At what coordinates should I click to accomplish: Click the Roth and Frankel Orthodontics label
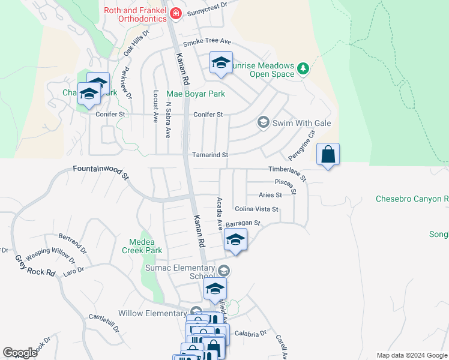click(x=134, y=14)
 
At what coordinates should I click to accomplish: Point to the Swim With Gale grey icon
click(x=263, y=122)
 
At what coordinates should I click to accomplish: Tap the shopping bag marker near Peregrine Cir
click(x=328, y=154)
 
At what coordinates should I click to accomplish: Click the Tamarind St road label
click(x=209, y=155)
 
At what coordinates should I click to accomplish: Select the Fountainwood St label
click(x=101, y=172)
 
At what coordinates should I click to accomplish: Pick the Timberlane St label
click(x=287, y=173)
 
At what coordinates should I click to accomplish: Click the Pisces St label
click(x=286, y=185)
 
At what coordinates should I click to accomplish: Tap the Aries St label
click(x=270, y=195)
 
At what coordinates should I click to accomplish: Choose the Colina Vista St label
click(x=256, y=209)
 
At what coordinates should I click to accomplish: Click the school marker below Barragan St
click(x=235, y=241)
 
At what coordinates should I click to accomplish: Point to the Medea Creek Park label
click(x=142, y=246)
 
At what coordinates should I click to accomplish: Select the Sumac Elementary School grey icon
click(x=224, y=270)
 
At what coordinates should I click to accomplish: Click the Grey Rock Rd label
click(x=35, y=266)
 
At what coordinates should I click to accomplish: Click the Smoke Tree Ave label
click(x=207, y=42)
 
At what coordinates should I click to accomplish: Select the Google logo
click(x=20, y=353)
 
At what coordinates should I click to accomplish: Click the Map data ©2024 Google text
click(x=411, y=355)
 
